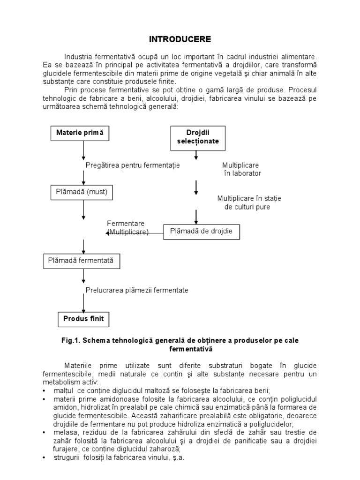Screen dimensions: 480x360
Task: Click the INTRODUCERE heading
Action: pos(180,38)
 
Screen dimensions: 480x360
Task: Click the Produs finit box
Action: pos(83,320)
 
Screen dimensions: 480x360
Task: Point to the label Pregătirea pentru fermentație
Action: pos(133,165)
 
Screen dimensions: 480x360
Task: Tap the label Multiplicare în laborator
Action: pos(241,169)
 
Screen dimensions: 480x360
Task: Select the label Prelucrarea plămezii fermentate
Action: pos(137,290)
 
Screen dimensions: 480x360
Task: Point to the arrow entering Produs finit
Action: pos(83,302)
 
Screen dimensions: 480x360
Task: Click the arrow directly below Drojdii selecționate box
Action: pos(196,155)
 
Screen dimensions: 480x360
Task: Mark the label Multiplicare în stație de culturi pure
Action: pos(248,202)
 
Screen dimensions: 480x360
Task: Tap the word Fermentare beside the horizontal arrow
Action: pos(126,223)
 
